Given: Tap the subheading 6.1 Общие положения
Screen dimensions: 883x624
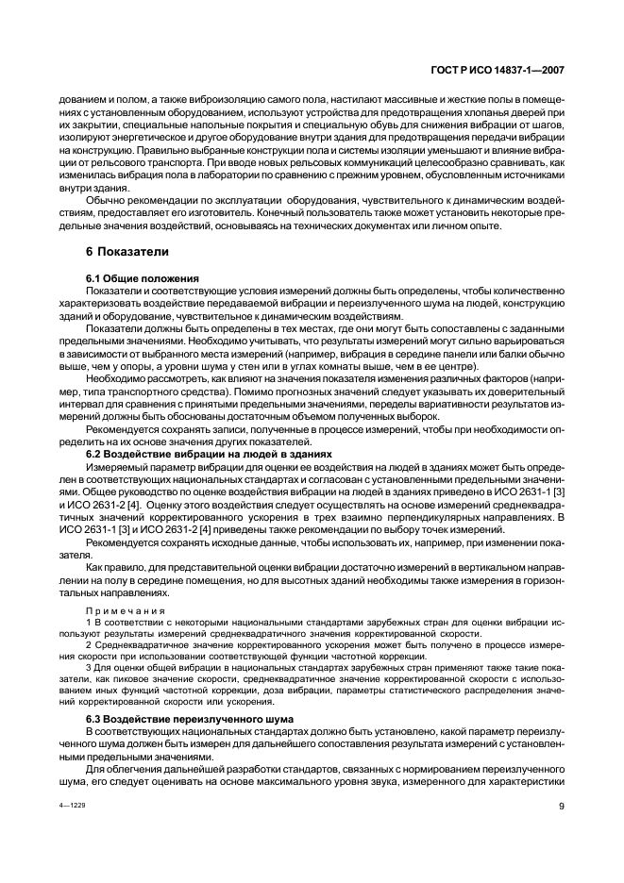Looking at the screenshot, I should click(x=142, y=279).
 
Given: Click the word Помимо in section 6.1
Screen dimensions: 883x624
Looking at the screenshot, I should click(x=303, y=391).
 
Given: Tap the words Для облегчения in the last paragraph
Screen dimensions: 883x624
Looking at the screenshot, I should click(x=123, y=769).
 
